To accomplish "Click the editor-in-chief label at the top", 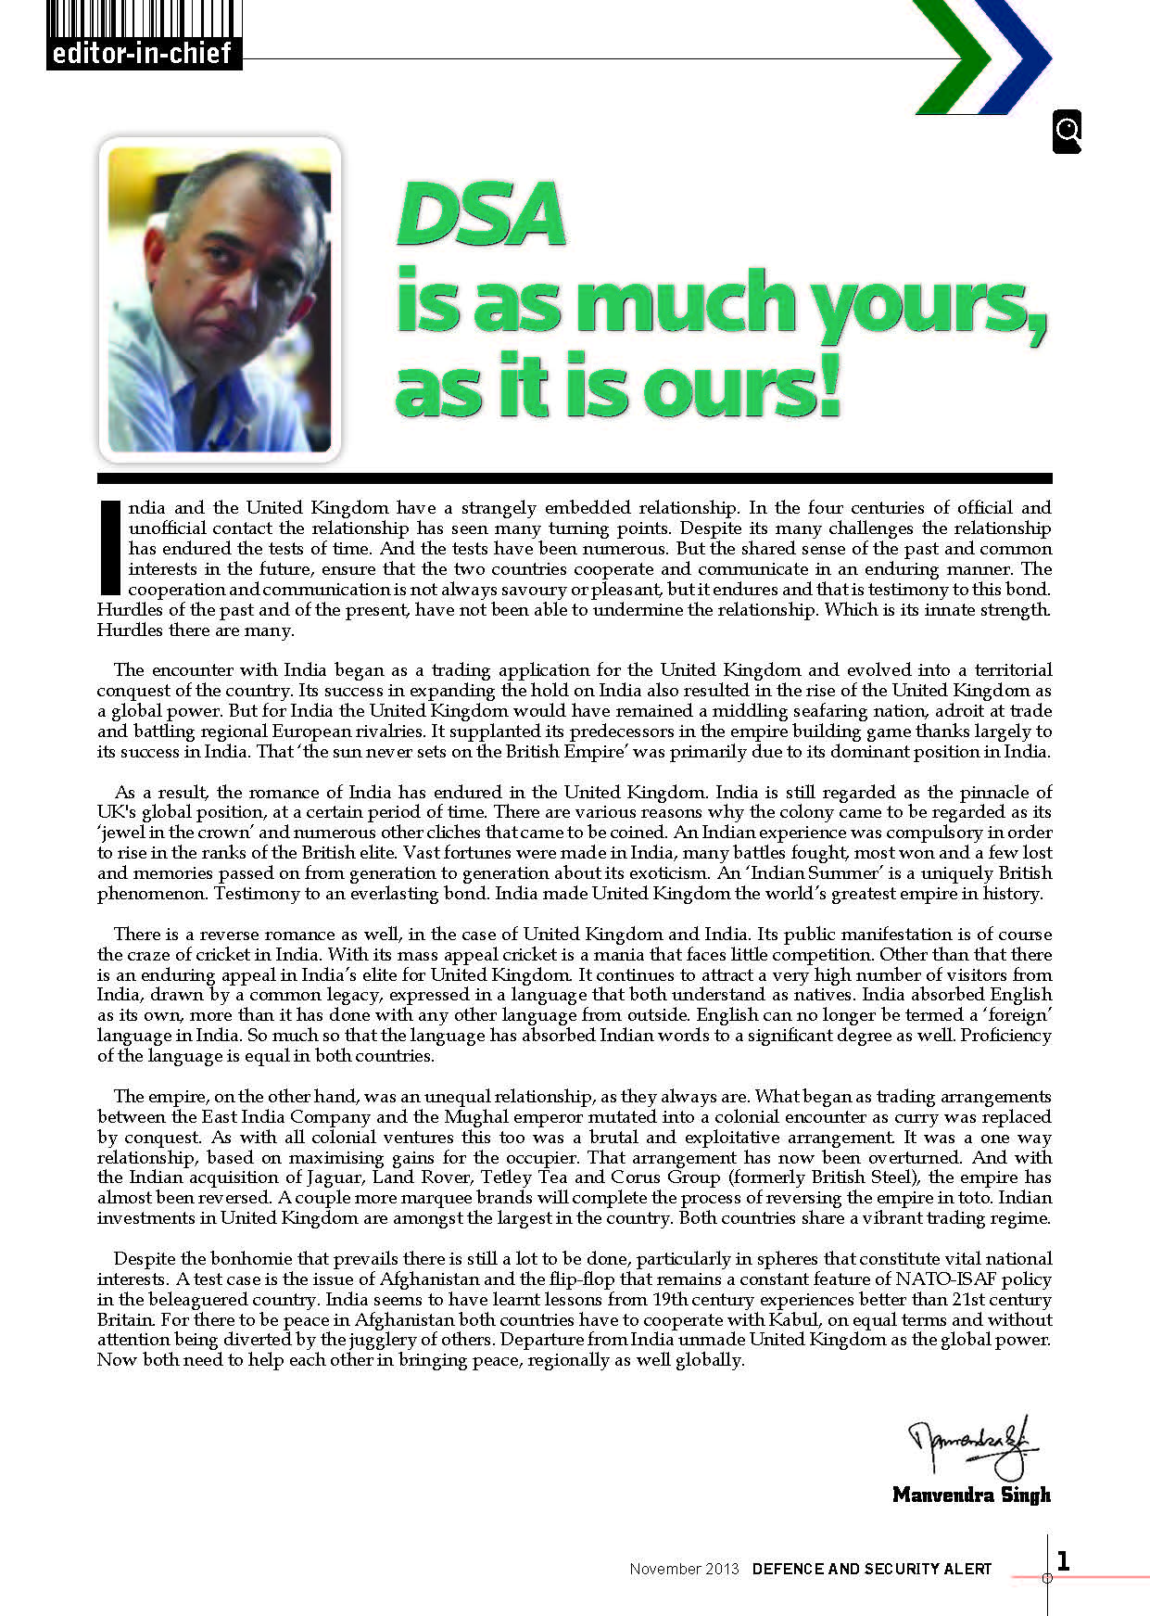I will coord(142,53).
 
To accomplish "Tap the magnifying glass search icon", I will coord(1067,132).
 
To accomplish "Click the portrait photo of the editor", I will coord(220,299).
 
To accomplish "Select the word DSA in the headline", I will coord(481,215).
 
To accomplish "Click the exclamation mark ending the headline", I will coord(828,384).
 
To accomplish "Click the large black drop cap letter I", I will coord(109,547).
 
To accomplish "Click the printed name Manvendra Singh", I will coord(971,1495).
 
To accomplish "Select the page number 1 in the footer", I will coord(1063,1561).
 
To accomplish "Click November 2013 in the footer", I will coord(684,1569).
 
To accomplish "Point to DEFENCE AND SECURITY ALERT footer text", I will coord(872,1569).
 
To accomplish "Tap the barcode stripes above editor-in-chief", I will coord(143,19).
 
